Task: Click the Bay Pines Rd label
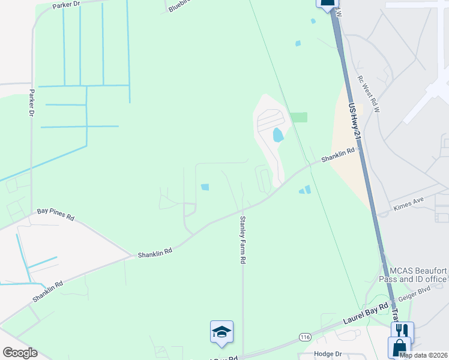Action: point(55,214)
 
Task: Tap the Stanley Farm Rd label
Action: point(243,240)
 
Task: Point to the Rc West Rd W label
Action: point(368,94)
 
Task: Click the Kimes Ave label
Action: point(408,207)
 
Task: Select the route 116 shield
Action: point(306,338)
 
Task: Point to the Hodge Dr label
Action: point(328,354)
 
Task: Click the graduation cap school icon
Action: point(221,332)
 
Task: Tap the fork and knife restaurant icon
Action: point(402,331)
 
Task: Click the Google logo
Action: point(20,353)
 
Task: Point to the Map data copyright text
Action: point(423,355)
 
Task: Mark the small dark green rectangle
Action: point(298,117)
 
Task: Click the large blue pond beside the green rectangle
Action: point(278,134)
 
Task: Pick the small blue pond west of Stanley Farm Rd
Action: point(205,187)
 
